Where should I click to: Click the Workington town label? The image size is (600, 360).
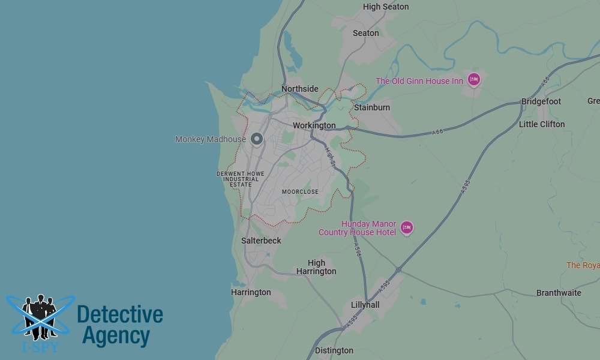coord(314,125)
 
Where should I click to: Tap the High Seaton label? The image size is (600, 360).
coord(386,7)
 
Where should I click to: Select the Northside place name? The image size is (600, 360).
coord(300,89)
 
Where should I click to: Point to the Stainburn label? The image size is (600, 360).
coord(372,107)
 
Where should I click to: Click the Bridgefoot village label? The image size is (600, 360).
coord(541,101)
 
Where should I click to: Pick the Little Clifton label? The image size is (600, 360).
coord(542,124)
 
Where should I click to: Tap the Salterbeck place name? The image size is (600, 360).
coord(261,241)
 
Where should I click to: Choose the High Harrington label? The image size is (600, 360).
coord(316,267)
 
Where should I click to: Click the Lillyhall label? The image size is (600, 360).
coord(365,305)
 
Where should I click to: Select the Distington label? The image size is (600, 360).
coord(334,350)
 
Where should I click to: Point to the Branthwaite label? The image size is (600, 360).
coord(559,293)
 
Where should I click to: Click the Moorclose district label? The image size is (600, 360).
coord(300,192)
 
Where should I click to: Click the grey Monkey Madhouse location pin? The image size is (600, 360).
coord(257,139)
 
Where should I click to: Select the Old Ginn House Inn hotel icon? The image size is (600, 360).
coord(474,79)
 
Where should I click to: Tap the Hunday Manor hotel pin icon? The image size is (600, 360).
coord(407,227)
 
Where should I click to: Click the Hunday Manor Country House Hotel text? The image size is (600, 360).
coord(358,228)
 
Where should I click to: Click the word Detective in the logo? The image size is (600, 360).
coord(120,314)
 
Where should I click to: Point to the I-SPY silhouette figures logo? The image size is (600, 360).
coord(40,317)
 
